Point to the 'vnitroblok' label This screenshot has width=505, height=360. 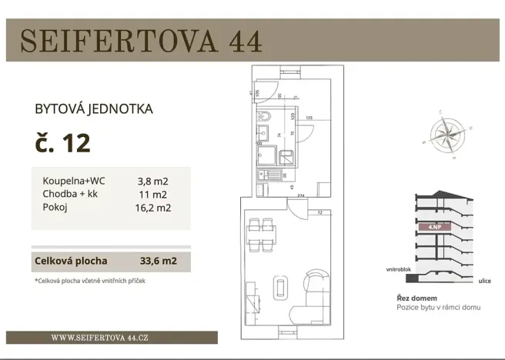(400, 271)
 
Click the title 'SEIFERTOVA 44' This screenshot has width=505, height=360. (141, 41)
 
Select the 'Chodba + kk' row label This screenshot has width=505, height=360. (69, 194)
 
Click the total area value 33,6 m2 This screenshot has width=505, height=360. (159, 261)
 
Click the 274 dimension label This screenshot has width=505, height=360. (302, 195)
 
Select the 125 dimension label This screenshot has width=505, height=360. (309, 118)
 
